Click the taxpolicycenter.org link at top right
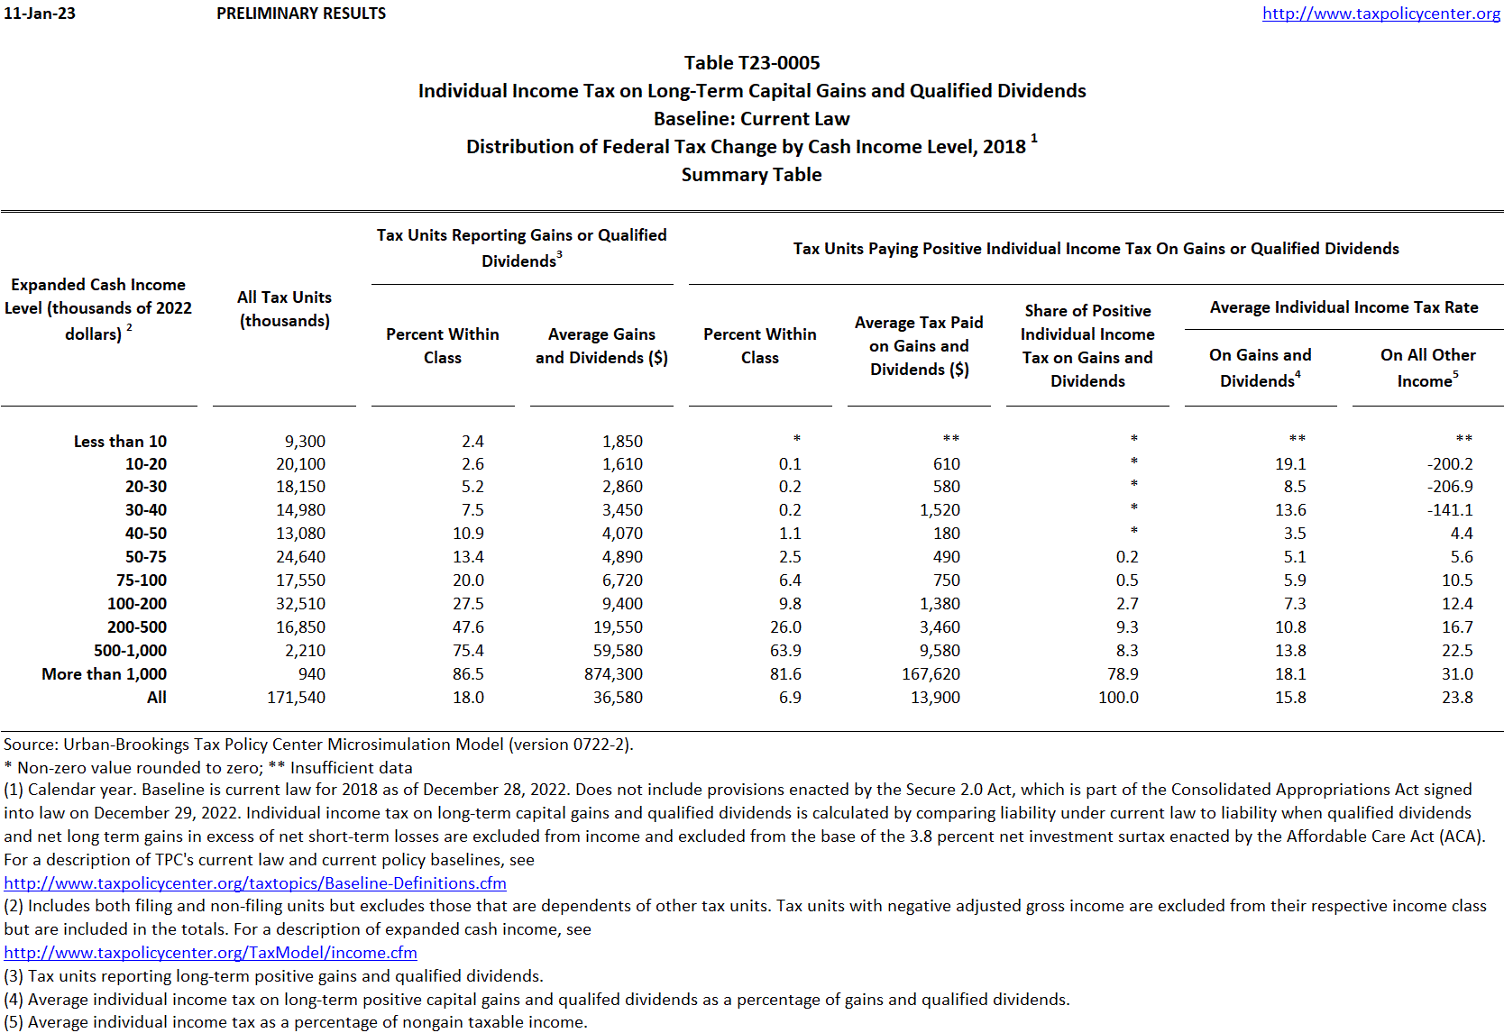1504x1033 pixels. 1380,14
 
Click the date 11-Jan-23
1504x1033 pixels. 40,14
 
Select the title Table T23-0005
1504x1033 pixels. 752,63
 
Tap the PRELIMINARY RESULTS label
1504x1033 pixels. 301,14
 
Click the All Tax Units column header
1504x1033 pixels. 284,309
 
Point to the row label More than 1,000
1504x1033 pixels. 104,674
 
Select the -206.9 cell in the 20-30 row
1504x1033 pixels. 1450,487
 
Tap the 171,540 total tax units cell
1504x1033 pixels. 296,698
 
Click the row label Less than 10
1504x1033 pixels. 120,442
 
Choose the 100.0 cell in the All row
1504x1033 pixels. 1118,698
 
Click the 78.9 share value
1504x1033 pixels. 1123,674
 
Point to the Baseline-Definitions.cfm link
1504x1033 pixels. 255,883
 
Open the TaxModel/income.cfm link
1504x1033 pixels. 210,953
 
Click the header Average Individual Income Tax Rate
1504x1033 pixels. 1344,307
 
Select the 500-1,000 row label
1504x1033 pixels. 130,651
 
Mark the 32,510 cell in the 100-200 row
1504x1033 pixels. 300,604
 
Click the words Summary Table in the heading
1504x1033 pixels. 751,175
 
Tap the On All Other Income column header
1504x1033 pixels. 1427,368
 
